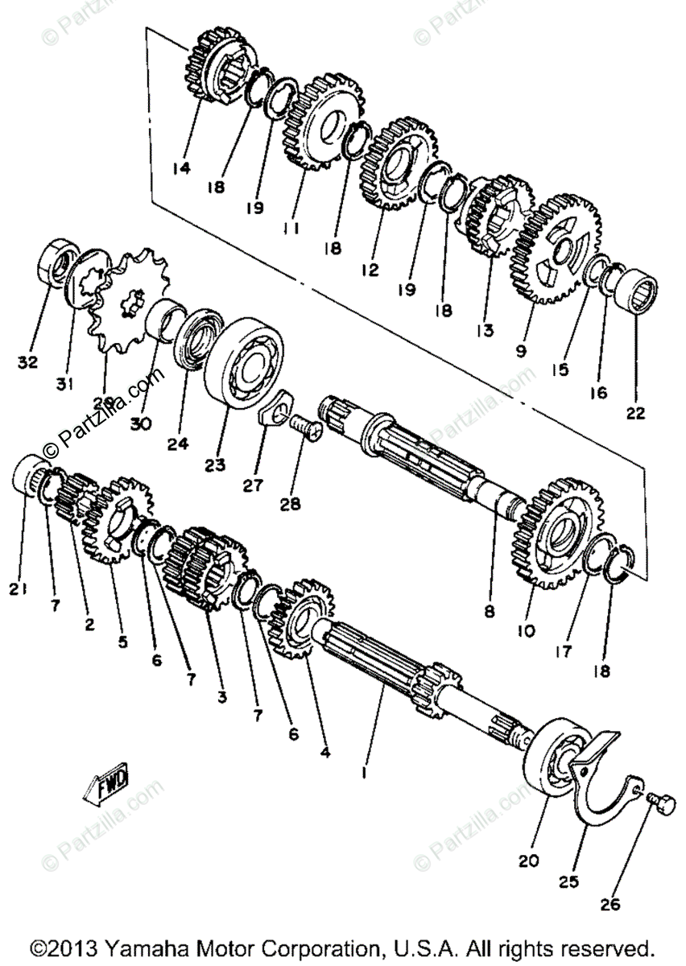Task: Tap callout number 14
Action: click(x=181, y=168)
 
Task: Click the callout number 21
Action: click(x=19, y=589)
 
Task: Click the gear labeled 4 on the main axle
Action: click(x=303, y=620)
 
